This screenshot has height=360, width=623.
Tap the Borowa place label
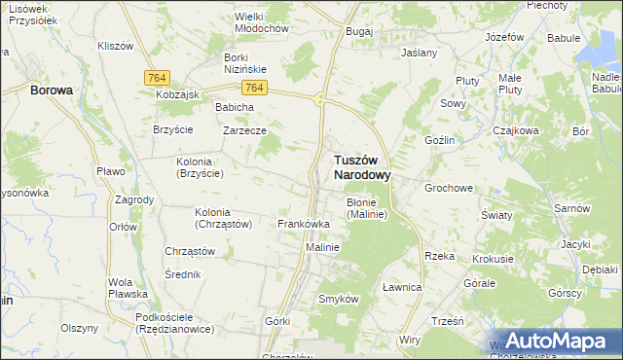[x=52, y=90]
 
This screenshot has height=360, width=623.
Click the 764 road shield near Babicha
[x=253, y=88]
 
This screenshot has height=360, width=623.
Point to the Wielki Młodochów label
[x=262, y=22]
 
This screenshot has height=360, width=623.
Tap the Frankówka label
[x=304, y=224]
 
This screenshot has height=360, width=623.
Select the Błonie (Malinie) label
[x=367, y=208]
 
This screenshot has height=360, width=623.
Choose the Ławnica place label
[x=401, y=287]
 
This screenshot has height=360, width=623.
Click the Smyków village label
[x=340, y=299]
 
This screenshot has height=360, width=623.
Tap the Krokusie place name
[x=493, y=260]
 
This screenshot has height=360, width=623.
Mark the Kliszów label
[x=116, y=46]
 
